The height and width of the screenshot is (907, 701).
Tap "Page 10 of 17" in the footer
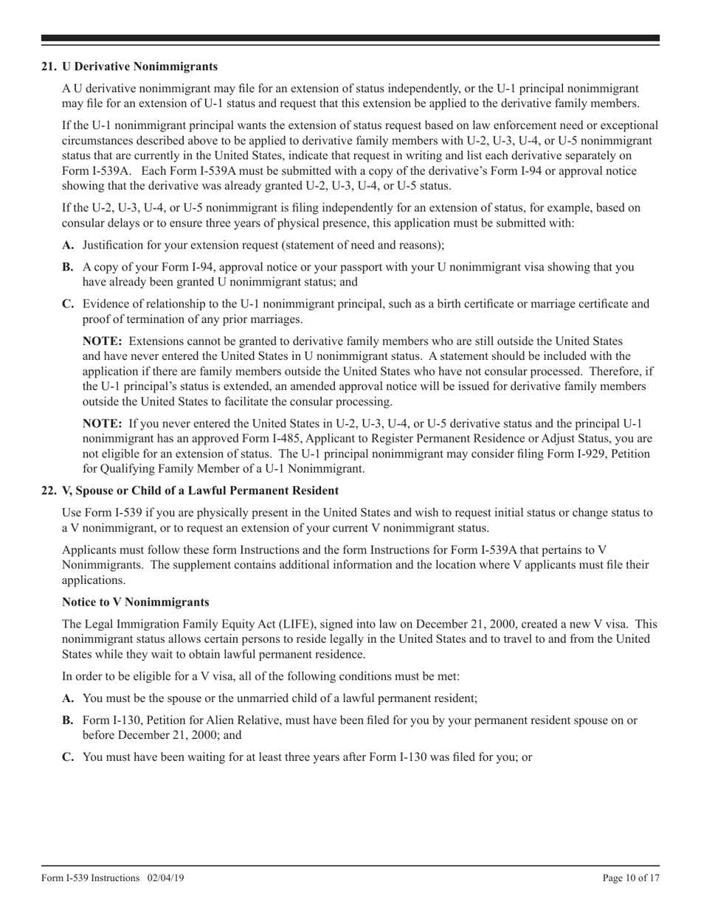coord(631,878)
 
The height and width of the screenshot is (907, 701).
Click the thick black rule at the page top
coord(350,38)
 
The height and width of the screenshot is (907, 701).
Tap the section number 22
coord(49,490)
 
